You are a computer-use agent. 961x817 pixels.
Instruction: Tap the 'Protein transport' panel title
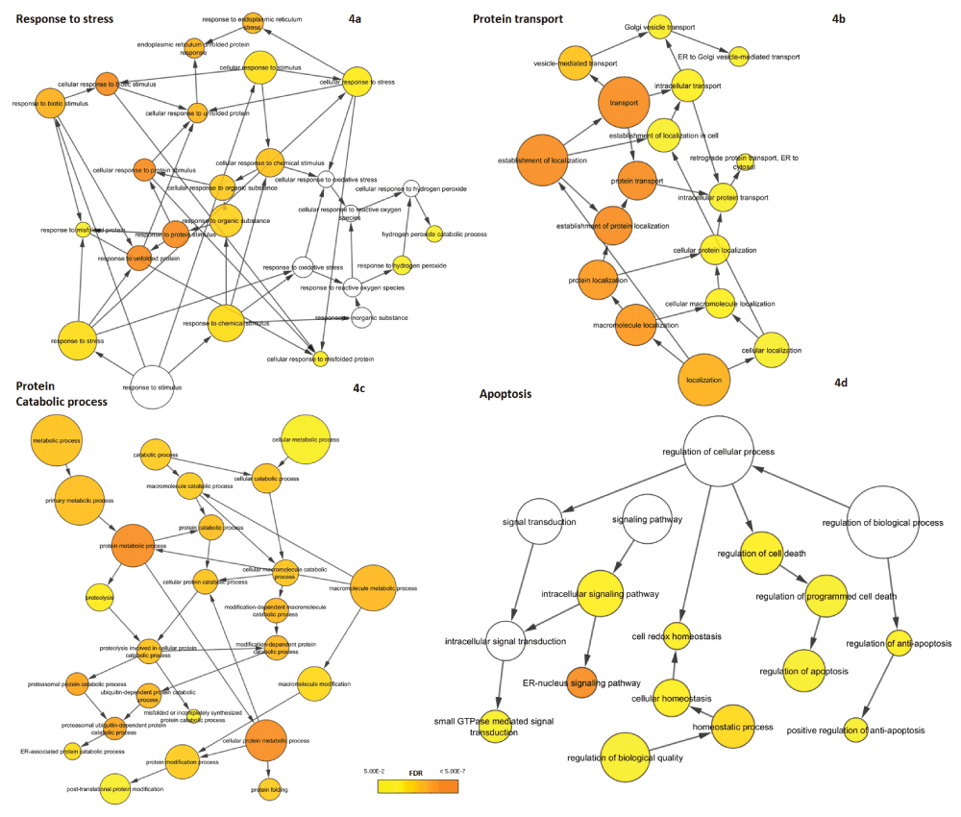(518, 19)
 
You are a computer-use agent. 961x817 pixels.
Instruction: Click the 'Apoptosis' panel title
(505, 393)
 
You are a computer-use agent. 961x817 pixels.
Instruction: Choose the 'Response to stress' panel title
(65, 19)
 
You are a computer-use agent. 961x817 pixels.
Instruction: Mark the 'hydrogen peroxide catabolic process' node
(434, 234)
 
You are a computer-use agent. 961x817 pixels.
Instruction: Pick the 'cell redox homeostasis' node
(677, 635)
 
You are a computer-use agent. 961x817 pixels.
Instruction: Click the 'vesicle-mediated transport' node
(573, 63)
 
